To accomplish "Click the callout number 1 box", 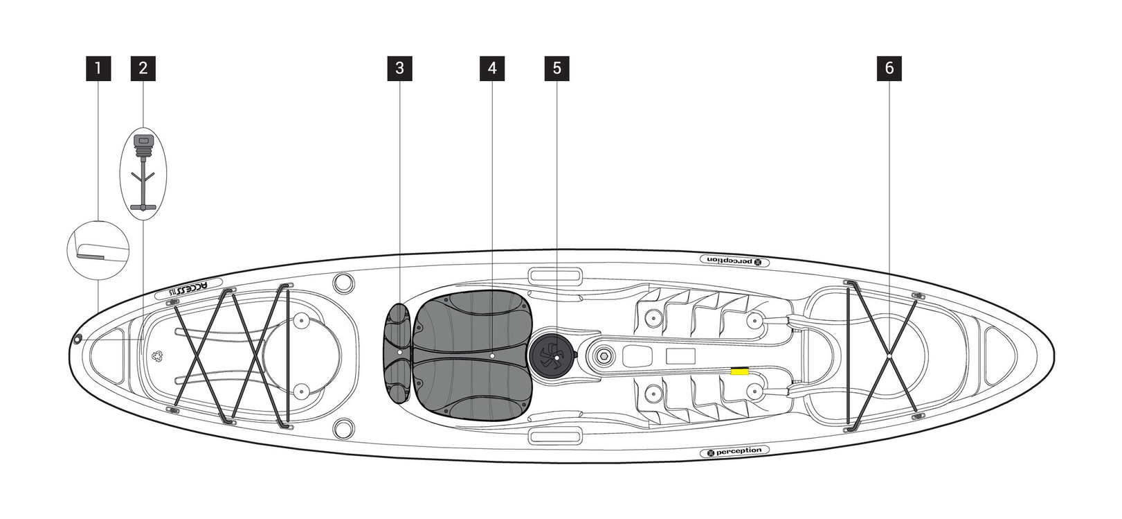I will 98,69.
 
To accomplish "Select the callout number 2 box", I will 143,69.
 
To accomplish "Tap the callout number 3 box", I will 399,69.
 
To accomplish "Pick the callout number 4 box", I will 492,69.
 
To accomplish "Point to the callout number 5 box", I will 557,69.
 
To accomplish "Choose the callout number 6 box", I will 889,69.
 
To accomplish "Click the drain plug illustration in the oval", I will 143,173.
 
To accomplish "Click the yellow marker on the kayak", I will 740,372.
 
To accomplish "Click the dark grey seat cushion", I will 474,355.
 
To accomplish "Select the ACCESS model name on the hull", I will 193,290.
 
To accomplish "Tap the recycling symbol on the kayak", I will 157,356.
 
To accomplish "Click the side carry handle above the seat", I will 554,276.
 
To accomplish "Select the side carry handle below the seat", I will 554,436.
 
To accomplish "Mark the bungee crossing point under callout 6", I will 888,355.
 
